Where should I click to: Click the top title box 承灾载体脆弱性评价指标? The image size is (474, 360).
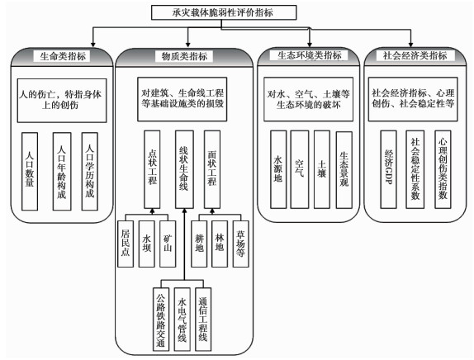pos(224,12)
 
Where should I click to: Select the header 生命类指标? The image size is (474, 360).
pos(63,56)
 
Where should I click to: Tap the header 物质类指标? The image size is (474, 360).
pos(184,56)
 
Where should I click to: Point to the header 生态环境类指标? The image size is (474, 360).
pos(309,55)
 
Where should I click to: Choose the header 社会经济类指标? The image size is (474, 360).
pos(415,55)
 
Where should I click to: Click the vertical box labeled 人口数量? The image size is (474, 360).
pos(30,172)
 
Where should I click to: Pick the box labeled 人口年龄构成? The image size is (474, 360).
pos(62,172)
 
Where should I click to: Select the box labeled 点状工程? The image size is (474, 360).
pos(152,169)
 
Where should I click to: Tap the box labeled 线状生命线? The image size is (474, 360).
pos(184,169)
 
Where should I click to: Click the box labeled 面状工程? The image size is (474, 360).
pos(212,169)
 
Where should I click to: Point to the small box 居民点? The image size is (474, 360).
pos(126,244)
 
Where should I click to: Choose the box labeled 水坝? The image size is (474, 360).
pos(147,244)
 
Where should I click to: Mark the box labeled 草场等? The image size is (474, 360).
pos(240,244)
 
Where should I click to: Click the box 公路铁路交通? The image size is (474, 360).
pos(161,319)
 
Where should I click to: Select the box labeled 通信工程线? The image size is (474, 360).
pos(203,319)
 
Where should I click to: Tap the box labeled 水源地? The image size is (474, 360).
pos(278,169)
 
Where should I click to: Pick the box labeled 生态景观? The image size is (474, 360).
pos(344,169)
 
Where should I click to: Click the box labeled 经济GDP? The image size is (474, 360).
pos(388,169)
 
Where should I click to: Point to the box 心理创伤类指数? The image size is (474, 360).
pos(443,169)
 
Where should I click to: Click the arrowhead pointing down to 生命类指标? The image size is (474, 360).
pos(93,45)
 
